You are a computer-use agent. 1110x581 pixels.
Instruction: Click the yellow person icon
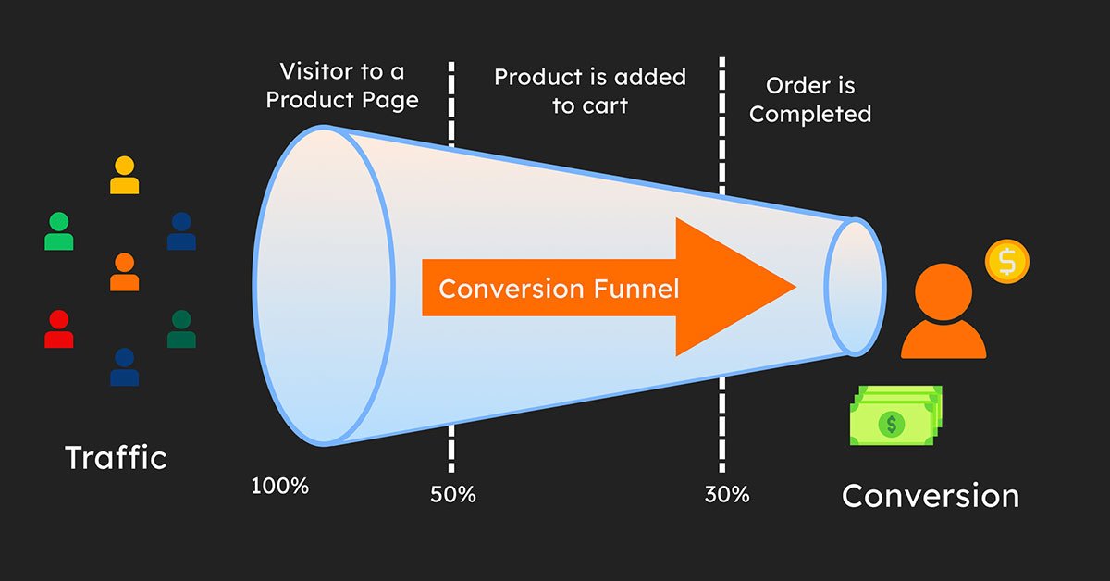point(124,175)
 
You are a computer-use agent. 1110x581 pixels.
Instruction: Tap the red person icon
point(59,329)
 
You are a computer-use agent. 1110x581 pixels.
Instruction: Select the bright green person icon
point(59,231)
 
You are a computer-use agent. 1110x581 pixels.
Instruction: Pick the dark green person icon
point(181,329)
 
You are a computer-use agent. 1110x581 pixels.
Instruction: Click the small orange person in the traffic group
point(124,272)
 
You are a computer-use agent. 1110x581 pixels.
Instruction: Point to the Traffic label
point(116,457)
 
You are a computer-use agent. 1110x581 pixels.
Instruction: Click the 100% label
point(280,486)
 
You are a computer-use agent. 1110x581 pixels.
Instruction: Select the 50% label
point(453,494)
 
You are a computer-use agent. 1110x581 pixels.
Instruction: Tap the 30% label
point(727,494)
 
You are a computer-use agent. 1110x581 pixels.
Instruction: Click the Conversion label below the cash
point(931,496)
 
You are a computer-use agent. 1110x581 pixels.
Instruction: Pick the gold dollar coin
point(1007,262)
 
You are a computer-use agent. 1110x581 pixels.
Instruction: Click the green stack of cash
point(896,415)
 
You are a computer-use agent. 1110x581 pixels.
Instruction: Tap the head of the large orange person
point(943,292)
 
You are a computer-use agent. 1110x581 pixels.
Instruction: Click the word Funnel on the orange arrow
point(636,289)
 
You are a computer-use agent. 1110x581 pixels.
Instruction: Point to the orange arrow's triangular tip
point(795,287)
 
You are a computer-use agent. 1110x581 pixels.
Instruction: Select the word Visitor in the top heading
point(316,71)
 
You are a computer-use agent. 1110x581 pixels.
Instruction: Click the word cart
point(604,106)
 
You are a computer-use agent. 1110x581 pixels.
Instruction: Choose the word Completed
point(810,115)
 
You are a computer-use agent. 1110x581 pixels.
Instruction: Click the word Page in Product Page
point(390,101)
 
